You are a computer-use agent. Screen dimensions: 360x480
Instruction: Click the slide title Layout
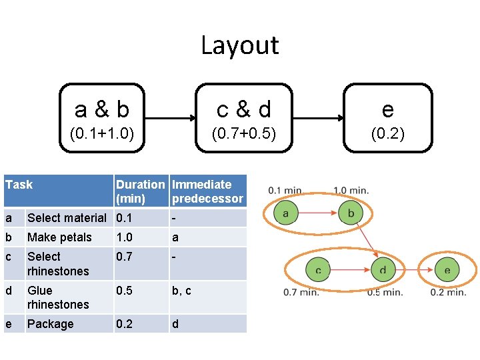pyautogui.click(x=240, y=45)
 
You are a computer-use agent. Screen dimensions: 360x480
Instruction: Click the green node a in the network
pyautogui.click(x=285, y=213)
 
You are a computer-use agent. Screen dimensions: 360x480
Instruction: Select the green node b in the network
pyautogui.click(x=351, y=213)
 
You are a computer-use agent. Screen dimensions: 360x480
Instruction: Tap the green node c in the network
pyautogui.click(x=318, y=270)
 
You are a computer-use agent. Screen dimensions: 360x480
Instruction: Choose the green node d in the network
pyautogui.click(x=383, y=270)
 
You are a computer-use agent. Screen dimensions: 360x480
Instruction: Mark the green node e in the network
pyautogui.click(x=447, y=270)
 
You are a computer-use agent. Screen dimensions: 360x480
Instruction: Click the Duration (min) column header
pyautogui.click(x=141, y=191)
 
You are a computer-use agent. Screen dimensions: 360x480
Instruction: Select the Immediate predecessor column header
pyautogui.click(x=207, y=191)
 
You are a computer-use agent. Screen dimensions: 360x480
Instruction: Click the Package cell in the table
pyautogui.click(x=51, y=324)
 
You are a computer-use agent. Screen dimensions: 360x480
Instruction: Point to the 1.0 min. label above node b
pyautogui.click(x=351, y=191)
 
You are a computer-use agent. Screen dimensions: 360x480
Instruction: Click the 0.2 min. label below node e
pyautogui.click(x=448, y=292)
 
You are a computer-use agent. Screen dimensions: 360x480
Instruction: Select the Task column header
pyautogui.click(x=19, y=185)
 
